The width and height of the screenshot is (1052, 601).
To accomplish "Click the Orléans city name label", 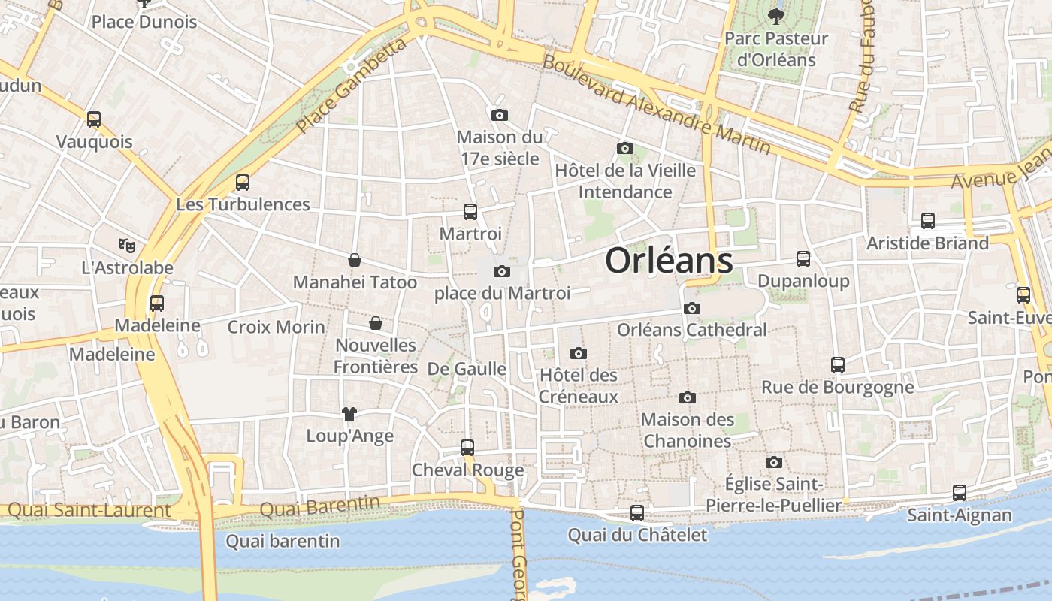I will (x=669, y=261).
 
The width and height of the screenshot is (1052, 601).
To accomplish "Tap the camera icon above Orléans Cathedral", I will (x=692, y=308).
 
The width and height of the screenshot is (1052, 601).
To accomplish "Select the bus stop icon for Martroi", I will (x=470, y=212).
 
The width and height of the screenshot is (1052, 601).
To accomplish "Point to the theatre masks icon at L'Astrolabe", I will (x=127, y=245).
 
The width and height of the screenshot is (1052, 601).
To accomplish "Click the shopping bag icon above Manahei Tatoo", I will (x=355, y=260).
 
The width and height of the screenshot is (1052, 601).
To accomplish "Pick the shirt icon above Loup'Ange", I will (x=349, y=413).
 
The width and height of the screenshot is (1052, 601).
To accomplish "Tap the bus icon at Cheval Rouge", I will (x=467, y=448).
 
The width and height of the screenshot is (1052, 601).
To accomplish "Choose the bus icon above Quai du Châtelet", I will (x=637, y=513).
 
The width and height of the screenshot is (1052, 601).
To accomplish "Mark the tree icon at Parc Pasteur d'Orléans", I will (x=775, y=15).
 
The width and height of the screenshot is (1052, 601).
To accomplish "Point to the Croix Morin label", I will (x=277, y=327).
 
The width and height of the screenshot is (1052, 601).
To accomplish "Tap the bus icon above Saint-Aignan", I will (x=960, y=493).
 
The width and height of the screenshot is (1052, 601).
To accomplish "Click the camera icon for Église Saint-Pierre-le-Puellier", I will (x=774, y=462).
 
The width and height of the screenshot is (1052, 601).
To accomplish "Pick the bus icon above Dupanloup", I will (x=803, y=259).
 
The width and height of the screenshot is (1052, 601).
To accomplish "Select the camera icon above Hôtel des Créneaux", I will (x=578, y=353).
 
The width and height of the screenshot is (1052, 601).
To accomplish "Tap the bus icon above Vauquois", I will (x=94, y=119).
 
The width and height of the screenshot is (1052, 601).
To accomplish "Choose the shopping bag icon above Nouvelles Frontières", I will (x=376, y=323).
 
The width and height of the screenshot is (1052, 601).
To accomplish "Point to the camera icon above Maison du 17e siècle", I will (x=500, y=115).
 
